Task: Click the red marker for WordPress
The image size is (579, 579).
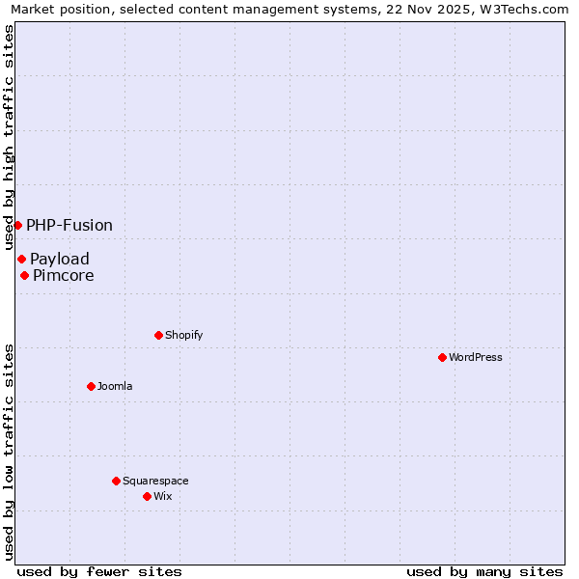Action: click(442, 357)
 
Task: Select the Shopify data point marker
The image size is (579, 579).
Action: click(158, 335)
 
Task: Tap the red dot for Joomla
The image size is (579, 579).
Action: click(91, 386)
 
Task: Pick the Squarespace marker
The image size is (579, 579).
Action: click(116, 481)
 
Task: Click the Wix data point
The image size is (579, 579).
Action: click(147, 496)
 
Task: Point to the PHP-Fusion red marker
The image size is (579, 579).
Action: click(17, 225)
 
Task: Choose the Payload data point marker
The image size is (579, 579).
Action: click(21, 259)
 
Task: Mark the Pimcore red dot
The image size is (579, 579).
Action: click(24, 275)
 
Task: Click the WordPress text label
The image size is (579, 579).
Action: click(476, 357)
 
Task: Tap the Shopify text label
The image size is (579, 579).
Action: click(183, 335)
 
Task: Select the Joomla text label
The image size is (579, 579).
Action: click(115, 386)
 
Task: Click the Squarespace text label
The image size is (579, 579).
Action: click(155, 481)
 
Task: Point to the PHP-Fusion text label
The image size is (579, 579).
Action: click(69, 225)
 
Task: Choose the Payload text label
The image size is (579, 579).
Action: click(60, 259)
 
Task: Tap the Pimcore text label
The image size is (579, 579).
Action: click(64, 275)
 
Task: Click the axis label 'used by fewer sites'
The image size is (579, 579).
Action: click(99, 571)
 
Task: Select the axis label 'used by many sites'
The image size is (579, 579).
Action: click(484, 571)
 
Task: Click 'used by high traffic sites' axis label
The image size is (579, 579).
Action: click(9, 137)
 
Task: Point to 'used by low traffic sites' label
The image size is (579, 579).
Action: click(9, 451)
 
